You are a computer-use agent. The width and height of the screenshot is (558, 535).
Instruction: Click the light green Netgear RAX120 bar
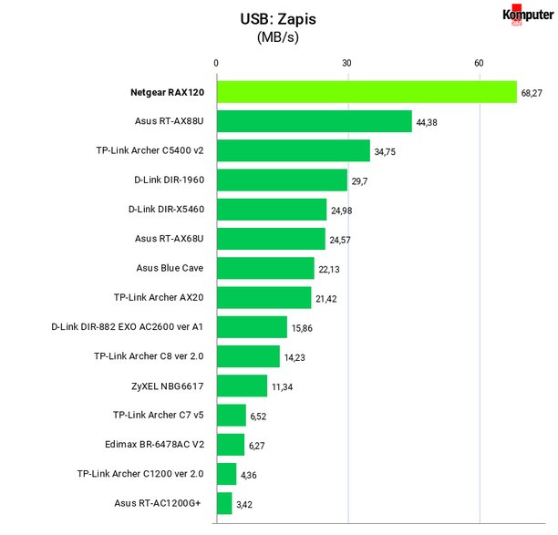[x=367, y=92]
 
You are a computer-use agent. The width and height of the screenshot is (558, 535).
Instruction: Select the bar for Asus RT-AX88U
[x=315, y=121]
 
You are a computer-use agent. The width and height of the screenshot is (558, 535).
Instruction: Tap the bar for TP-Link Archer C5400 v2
[x=294, y=150]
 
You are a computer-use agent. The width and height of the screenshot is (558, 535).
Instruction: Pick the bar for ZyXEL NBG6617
[x=242, y=386]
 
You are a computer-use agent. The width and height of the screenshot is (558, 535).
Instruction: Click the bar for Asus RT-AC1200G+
[x=224, y=503]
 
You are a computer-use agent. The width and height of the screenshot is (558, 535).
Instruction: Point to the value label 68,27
[x=532, y=93]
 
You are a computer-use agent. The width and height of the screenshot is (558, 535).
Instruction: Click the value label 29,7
[x=359, y=181]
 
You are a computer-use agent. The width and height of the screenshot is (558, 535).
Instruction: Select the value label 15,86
[x=302, y=328]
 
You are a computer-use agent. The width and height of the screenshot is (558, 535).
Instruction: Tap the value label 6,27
[x=256, y=446]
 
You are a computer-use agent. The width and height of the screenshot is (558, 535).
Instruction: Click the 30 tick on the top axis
[x=346, y=63]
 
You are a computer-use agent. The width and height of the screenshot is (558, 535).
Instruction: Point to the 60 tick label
[x=479, y=63]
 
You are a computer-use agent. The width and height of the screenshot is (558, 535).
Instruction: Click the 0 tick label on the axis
[x=216, y=63]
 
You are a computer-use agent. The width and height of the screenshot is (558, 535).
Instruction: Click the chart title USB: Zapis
[x=278, y=19]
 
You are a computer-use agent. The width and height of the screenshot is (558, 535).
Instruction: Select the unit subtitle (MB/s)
[x=278, y=37]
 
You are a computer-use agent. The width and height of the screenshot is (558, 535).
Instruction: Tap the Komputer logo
[x=528, y=15]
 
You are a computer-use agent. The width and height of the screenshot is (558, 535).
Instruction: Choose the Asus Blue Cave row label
[x=170, y=268]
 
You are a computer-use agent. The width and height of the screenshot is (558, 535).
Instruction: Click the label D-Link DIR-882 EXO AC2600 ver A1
[x=127, y=326]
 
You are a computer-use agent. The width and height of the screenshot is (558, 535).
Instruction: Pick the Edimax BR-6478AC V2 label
[x=154, y=444]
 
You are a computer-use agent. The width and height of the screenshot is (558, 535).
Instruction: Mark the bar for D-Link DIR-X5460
[x=272, y=210]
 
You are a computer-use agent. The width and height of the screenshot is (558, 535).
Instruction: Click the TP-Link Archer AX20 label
[x=159, y=297]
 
